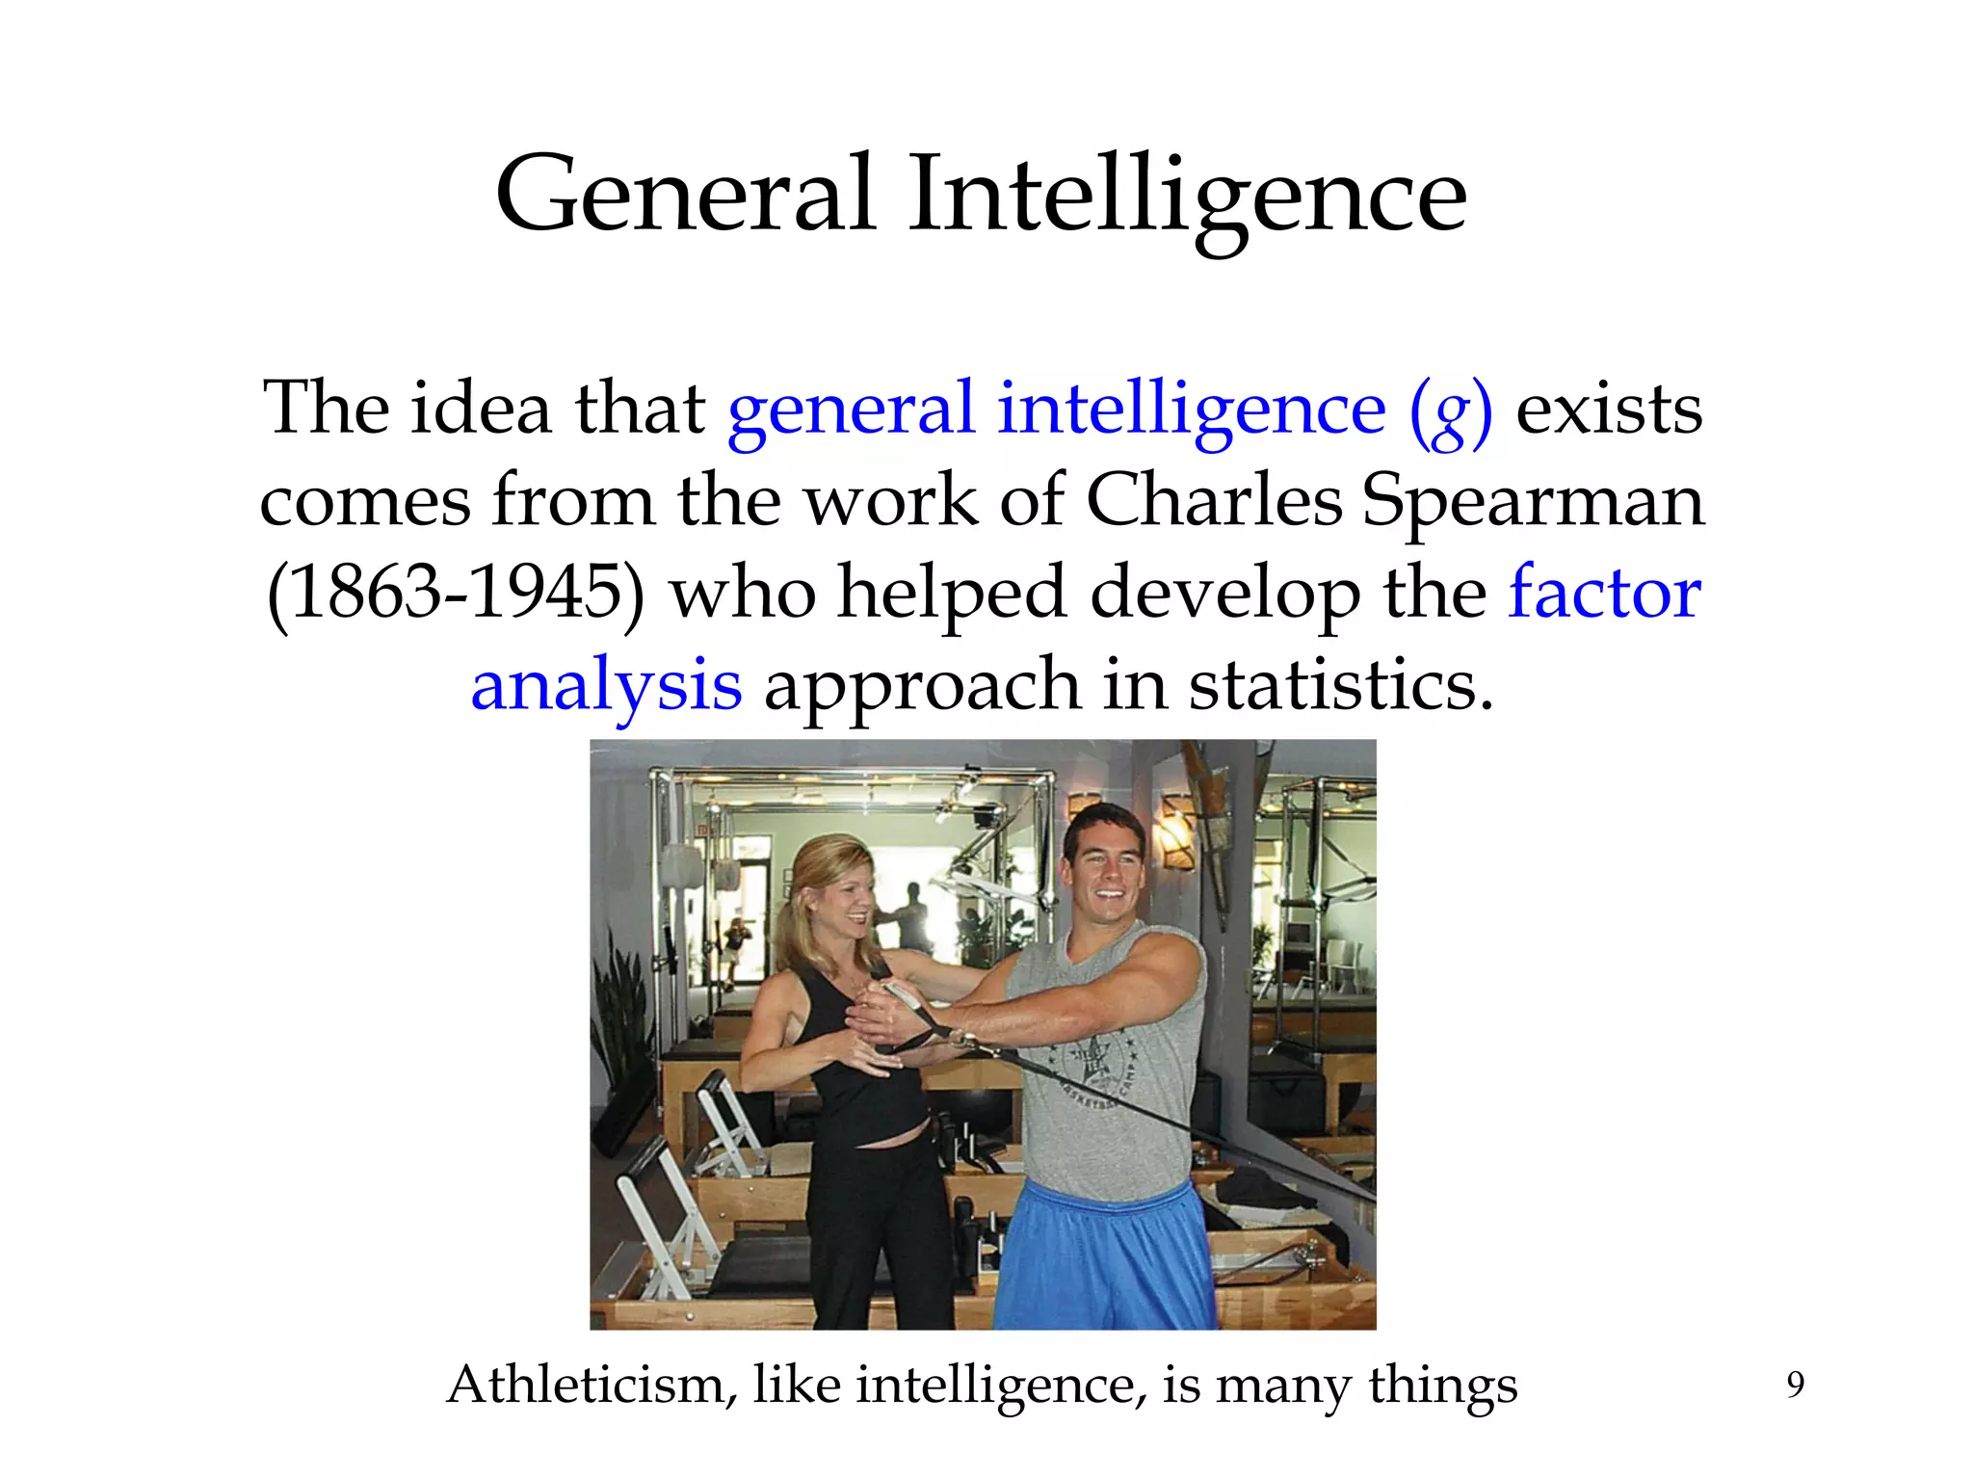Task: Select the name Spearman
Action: coord(1533,503)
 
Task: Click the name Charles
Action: coord(1214,501)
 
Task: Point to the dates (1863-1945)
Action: coord(456,594)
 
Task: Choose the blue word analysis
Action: coord(606,686)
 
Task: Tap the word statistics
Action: coord(1340,684)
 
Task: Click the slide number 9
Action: coord(1795,1385)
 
